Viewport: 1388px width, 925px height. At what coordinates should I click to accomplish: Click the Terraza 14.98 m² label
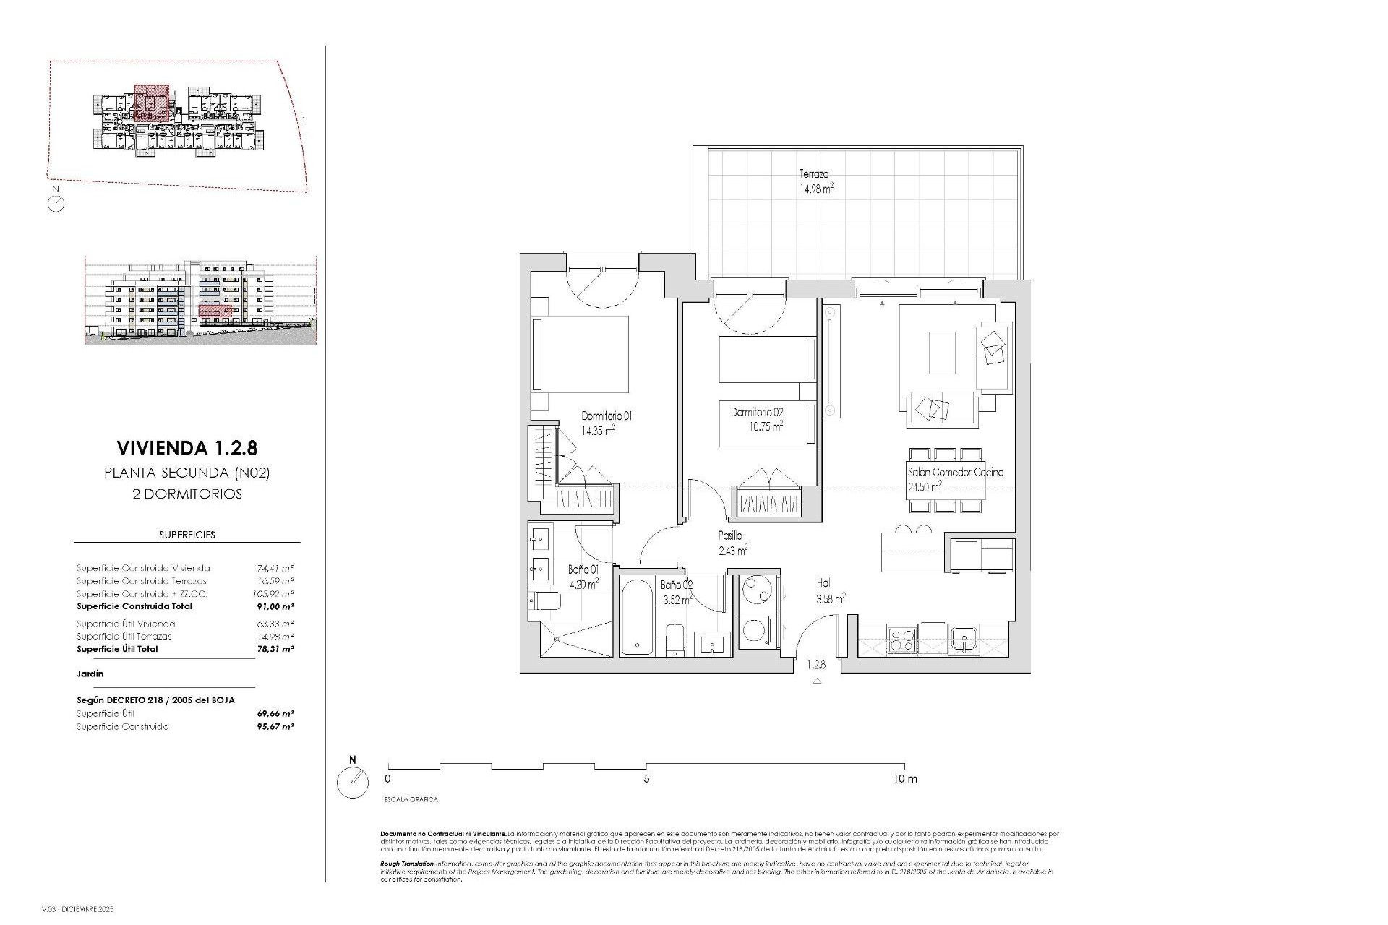click(x=816, y=181)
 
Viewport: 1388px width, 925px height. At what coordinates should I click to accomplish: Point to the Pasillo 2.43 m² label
click(x=731, y=543)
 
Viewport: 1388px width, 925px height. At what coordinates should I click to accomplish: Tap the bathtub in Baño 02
click(x=638, y=616)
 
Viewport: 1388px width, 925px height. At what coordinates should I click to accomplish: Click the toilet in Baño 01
click(x=544, y=601)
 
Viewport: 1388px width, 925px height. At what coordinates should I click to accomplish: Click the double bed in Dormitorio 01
click(x=581, y=353)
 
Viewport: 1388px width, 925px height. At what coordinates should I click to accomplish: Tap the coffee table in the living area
click(x=941, y=352)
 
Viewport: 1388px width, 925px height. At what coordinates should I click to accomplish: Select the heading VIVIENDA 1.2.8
click(x=187, y=448)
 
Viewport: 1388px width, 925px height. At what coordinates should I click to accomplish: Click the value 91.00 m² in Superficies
click(x=275, y=606)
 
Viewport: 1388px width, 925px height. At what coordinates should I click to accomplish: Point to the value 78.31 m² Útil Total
click(x=275, y=649)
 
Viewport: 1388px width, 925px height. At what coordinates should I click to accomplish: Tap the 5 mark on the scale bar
click(x=646, y=779)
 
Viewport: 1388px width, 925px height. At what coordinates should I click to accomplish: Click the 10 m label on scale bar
click(x=904, y=779)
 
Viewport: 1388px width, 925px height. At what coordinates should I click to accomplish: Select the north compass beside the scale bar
click(x=353, y=781)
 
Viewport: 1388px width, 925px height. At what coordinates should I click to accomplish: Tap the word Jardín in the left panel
click(x=90, y=674)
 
